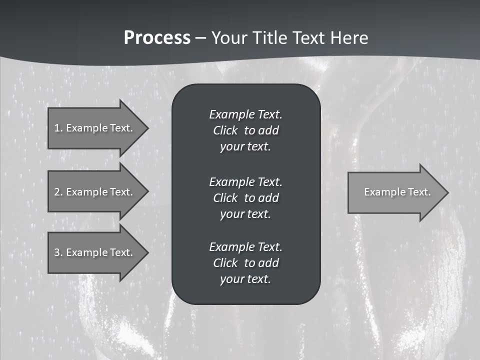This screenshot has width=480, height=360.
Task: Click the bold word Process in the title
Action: point(157,38)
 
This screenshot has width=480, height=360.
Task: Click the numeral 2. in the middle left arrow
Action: point(58,192)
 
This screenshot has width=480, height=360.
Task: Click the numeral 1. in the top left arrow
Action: point(58,128)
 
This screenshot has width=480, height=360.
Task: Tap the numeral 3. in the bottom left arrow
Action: point(58,252)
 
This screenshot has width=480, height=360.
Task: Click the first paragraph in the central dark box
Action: point(245,130)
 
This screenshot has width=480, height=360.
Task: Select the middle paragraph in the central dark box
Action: point(245,197)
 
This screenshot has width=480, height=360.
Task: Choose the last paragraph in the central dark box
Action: point(245,263)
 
